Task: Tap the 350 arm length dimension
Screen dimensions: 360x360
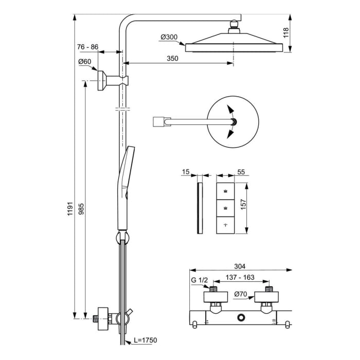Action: pos(173,59)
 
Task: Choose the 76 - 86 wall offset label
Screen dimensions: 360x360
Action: pos(87,47)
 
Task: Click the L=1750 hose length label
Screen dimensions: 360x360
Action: pos(146,340)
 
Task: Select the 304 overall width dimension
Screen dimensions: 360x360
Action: pos(240,266)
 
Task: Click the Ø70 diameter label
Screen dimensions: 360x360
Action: pos(241,295)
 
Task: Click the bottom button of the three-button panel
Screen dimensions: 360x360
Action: pos(225,225)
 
